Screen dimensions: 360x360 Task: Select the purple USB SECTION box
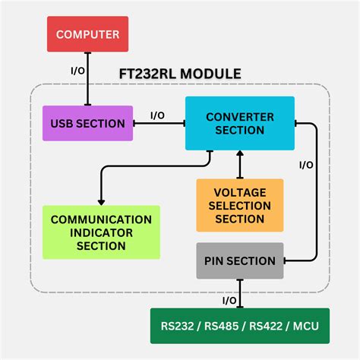coord(88,123)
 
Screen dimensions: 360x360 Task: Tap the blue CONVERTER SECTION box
coord(240,123)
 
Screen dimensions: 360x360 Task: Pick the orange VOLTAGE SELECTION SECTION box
coord(239,205)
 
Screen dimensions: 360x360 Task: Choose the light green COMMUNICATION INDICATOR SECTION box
coord(101,232)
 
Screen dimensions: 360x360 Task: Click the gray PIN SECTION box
coord(239,261)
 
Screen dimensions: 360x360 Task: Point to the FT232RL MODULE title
coord(180,74)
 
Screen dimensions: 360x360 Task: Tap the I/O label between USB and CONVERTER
coord(157,115)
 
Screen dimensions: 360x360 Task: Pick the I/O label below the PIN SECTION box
coord(229,301)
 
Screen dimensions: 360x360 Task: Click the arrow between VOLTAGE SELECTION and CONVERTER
coord(240,164)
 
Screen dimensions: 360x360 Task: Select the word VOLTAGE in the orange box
coord(239,192)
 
